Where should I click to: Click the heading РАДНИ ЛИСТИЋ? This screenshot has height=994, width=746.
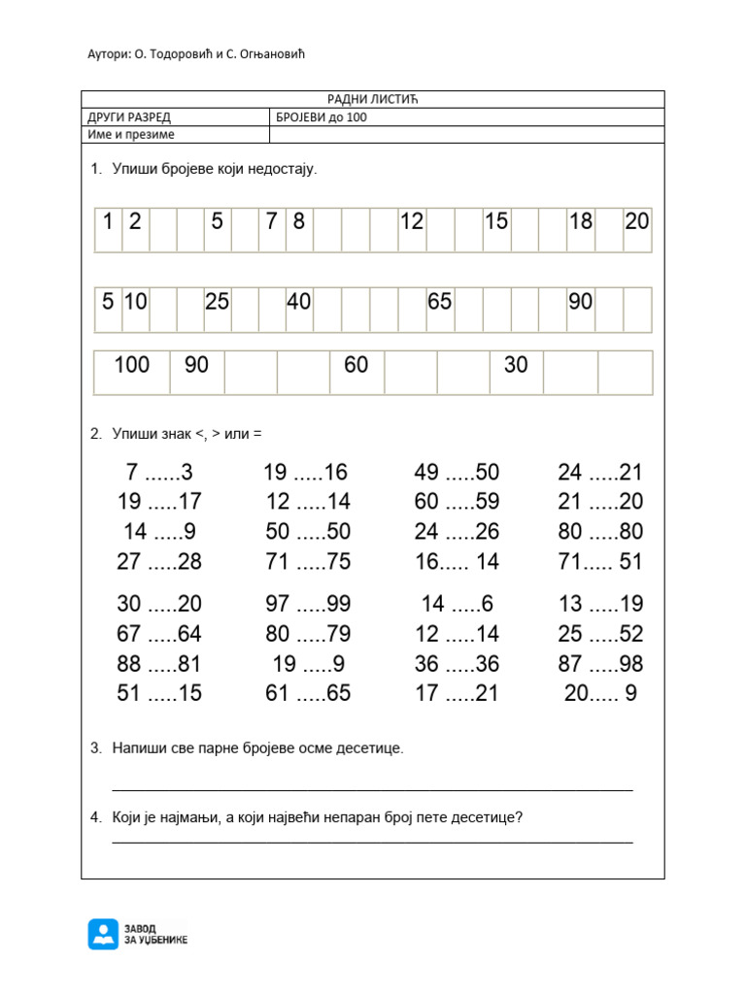pyautogui.click(x=372, y=100)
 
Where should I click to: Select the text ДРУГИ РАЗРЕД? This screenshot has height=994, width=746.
pyautogui.click(x=129, y=117)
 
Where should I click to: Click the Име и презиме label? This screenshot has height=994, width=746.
pyautogui.click(x=131, y=135)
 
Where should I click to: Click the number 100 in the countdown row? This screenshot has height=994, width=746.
pyautogui.click(x=132, y=365)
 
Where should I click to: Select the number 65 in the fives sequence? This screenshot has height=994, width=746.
pyautogui.click(x=440, y=302)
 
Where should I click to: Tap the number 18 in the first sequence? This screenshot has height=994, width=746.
pyautogui.click(x=581, y=221)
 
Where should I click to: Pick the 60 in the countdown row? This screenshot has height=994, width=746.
pyautogui.click(x=356, y=365)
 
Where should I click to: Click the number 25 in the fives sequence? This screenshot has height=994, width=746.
pyautogui.click(x=217, y=302)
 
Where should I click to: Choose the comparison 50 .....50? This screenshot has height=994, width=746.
pyautogui.click(x=307, y=532)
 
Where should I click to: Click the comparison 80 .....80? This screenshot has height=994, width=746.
pyautogui.click(x=600, y=532)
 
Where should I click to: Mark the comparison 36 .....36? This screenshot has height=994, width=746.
pyautogui.click(x=457, y=664)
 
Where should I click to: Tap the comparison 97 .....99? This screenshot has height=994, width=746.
pyautogui.click(x=307, y=604)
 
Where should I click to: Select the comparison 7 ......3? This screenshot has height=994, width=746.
pyautogui.click(x=159, y=473)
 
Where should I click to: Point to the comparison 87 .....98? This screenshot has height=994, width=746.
pyautogui.click(x=600, y=664)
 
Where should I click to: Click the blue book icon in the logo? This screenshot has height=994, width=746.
pyautogui.click(x=102, y=934)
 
